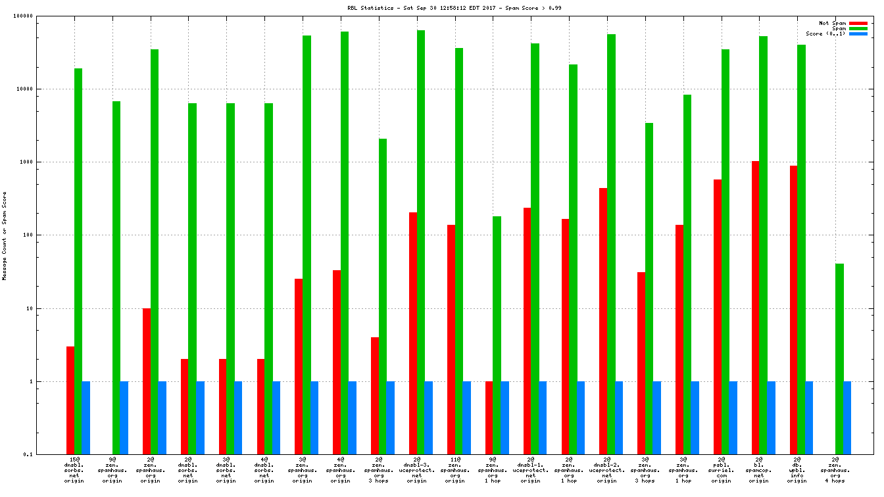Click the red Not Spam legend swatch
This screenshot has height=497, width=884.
(x=858, y=23)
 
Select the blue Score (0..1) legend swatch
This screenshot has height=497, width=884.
(x=858, y=34)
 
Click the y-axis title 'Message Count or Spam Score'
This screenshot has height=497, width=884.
(x=5, y=236)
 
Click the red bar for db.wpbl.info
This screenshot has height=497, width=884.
(x=793, y=310)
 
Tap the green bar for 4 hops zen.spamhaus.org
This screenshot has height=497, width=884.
(x=839, y=358)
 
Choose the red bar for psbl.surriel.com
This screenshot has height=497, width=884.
(x=718, y=316)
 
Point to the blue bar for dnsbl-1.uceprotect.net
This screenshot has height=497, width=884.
(x=543, y=417)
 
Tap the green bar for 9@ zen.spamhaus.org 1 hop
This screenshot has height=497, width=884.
(x=497, y=335)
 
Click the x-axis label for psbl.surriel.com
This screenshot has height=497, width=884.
(x=721, y=469)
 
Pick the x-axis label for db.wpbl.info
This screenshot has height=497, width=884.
(x=797, y=469)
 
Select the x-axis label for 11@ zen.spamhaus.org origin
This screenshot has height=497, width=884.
(x=454, y=469)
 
